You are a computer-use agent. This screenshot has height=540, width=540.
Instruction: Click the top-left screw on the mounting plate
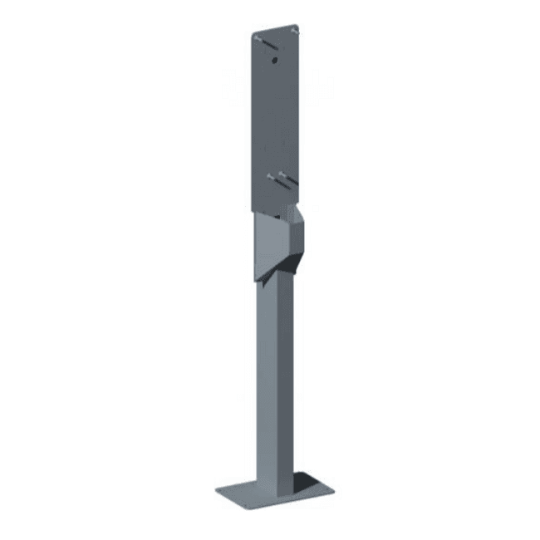(261, 39)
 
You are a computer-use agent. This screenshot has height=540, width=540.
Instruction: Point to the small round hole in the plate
(273, 60)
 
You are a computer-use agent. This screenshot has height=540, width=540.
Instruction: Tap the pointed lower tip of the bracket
(264, 283)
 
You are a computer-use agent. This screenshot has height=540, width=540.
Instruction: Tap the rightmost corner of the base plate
(335, 488)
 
